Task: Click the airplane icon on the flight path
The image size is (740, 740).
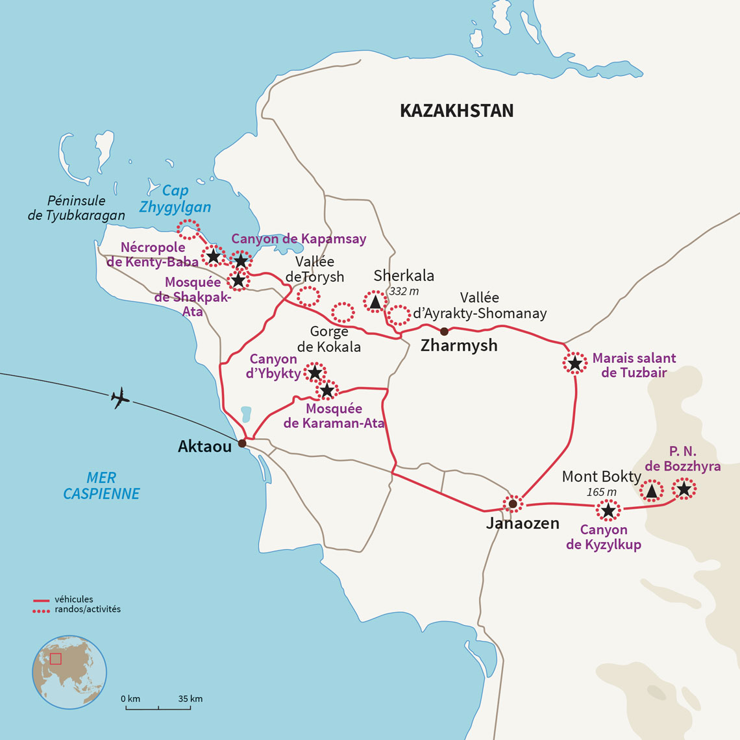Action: pyautogui.click(x=119, y=397)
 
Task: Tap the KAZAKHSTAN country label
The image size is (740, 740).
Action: pyautogui.click(x=456, y=111)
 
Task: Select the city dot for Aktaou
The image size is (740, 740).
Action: pyautogui.click(x=242, y=443)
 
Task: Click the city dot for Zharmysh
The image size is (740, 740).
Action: pyautogui.click(x=444, y=332)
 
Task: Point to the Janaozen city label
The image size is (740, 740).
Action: pyautogui.click(x=523, y=523)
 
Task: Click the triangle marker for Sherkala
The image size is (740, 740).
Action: pyautogui.click(x=375, y=302)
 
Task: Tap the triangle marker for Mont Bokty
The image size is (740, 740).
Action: pyautogui.click(x=652, y=491)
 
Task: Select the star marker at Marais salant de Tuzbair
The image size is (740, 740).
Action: pyautogui.click(x=574, y=364)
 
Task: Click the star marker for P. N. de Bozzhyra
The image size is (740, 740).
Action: pyautogui.click(x=684, y=488)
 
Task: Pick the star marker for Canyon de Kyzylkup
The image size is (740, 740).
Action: pyautogui.click(x=608, y=511)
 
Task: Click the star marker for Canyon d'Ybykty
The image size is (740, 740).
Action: pyautogui.click(x=315, y=373)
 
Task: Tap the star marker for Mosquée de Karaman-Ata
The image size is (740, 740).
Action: pyautogui.click(x=327, y=390)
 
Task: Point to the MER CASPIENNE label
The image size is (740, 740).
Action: pyautogui.click(x=101, y=486)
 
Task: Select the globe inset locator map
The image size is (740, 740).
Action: pyautogui.click(x=69, y=672)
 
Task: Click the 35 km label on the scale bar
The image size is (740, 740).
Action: pyautogui.click(x=190, y=699)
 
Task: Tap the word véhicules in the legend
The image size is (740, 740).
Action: pyautogui.click(x=74, y=599)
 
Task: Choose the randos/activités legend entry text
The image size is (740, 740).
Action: pyautogui.click(x=88, y=610)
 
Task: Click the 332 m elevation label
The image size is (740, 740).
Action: pyautogui.click(x=404, y=291)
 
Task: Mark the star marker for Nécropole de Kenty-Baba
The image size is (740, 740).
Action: pyautogui.click(x=213, y=256)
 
